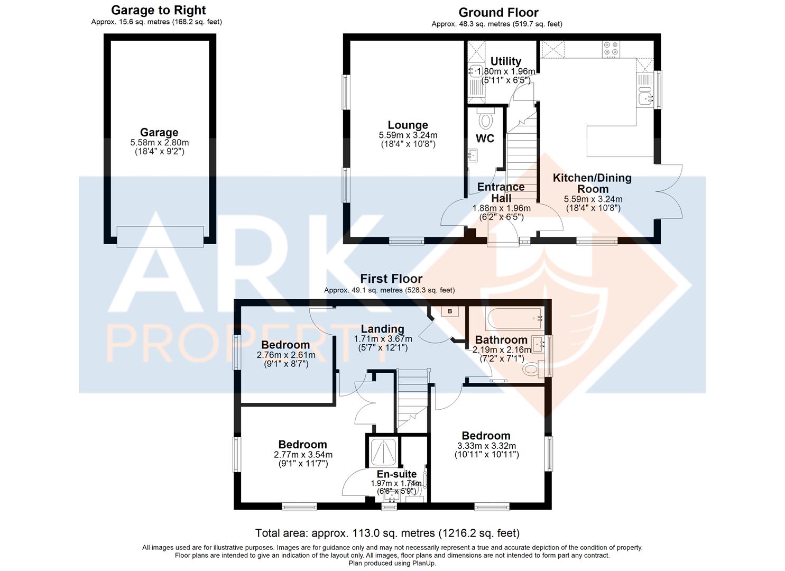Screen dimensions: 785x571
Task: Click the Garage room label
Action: point(159,133)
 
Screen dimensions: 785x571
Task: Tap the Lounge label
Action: point(408,125)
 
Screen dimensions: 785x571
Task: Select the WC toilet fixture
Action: point(485,118)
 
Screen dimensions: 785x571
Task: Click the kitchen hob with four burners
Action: point(611,49)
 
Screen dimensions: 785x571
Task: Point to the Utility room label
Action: point(506,61)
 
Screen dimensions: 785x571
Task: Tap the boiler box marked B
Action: point(450,311)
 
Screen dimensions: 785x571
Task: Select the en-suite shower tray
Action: point(383,452)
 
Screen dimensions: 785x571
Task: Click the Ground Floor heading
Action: point(498,13)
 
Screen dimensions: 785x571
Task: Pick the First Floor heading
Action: point(391,279)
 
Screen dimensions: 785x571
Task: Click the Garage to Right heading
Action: point(159,11)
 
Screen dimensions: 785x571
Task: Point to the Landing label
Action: point(383,329)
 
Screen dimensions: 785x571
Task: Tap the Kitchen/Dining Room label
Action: point(592,183)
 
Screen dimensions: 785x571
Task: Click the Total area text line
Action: point(387,533)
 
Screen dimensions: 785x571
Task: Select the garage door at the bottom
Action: point(160,237)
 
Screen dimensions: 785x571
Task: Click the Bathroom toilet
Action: point(533,369)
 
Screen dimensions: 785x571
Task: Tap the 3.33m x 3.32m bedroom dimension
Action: point(486,446)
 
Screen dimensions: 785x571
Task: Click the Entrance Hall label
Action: point(501,192)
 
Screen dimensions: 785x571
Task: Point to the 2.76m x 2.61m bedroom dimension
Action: point(286,355)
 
